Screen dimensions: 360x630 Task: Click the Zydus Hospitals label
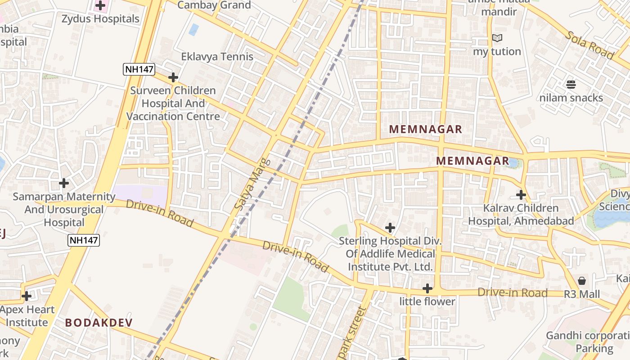click(x=100, y=19)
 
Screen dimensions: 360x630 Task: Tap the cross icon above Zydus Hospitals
click(x=100, y=6)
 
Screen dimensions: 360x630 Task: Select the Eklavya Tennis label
click(x=217, y=57)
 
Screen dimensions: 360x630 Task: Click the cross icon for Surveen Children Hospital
click(x=173, y=77)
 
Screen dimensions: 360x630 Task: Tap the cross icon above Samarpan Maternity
click(x=64, y=183)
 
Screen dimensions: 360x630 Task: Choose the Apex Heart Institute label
click(x=27, y=316)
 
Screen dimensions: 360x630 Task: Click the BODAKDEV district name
click(x=99, y=323)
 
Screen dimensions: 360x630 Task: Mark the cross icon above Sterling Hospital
click(x=390, y=228)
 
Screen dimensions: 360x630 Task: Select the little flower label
click(x=427, y=301)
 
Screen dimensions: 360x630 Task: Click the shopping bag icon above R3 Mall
click(x=582, y=281)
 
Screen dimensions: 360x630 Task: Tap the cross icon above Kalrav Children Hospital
click(x=521, y=195)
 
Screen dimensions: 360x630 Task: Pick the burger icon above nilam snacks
click(x=571, y=84)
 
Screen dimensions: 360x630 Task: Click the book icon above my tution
click(x=497, y=38)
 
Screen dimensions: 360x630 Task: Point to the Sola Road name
click(x=589, y=45)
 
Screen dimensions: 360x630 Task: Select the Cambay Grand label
click(x=214, y=5)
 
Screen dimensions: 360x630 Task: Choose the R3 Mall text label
click(x=582, y=294)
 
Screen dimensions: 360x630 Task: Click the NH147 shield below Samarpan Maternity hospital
click(x=84, y=240)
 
